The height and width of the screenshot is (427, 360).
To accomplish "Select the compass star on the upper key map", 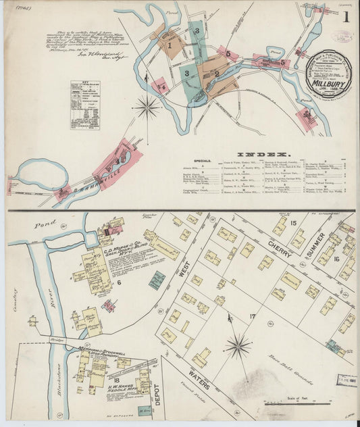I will coord(147,106).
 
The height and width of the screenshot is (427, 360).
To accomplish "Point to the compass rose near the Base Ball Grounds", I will coord(238,347).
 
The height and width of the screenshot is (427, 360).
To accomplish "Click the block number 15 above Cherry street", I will coord(293,222).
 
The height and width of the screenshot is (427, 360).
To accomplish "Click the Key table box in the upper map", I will coord(85,105).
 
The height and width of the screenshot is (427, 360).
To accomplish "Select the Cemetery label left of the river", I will coord(15,305).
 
